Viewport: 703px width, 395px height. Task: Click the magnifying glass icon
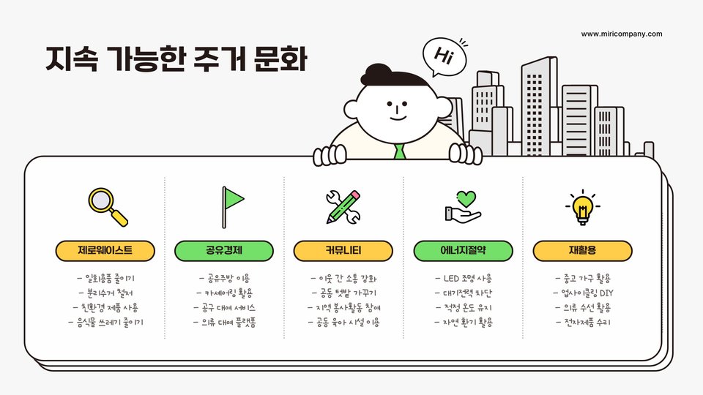click(x=107, y=206)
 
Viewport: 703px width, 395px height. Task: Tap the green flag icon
click(x=232, y=206)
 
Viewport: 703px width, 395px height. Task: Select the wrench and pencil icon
click(x=343, y=206)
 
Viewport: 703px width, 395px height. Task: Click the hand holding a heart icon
click(x=463, y=206)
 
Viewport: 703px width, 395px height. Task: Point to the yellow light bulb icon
click(x=582, y=206)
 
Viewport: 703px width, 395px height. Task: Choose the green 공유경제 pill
click(x=224, y=251)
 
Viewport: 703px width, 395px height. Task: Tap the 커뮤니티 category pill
click(x=343, y=251)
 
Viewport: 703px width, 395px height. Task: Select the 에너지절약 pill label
click(x=463, y=251)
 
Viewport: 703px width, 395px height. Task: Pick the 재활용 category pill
click(x=582, y=251)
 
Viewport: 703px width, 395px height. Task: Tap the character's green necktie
click(x=399, y=151)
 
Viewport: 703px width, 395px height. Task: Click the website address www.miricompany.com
click(x=621, y=34)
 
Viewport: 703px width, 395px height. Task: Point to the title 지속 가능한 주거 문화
click(x=176, y=59)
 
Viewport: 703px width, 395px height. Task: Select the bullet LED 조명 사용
click(x=463, y=278)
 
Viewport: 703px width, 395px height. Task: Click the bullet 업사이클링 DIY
click(x=582, y=293)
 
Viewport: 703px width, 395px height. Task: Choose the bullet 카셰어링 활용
click(x=224, y=293)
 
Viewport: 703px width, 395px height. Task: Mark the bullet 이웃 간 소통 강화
click(x=343, y=278)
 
